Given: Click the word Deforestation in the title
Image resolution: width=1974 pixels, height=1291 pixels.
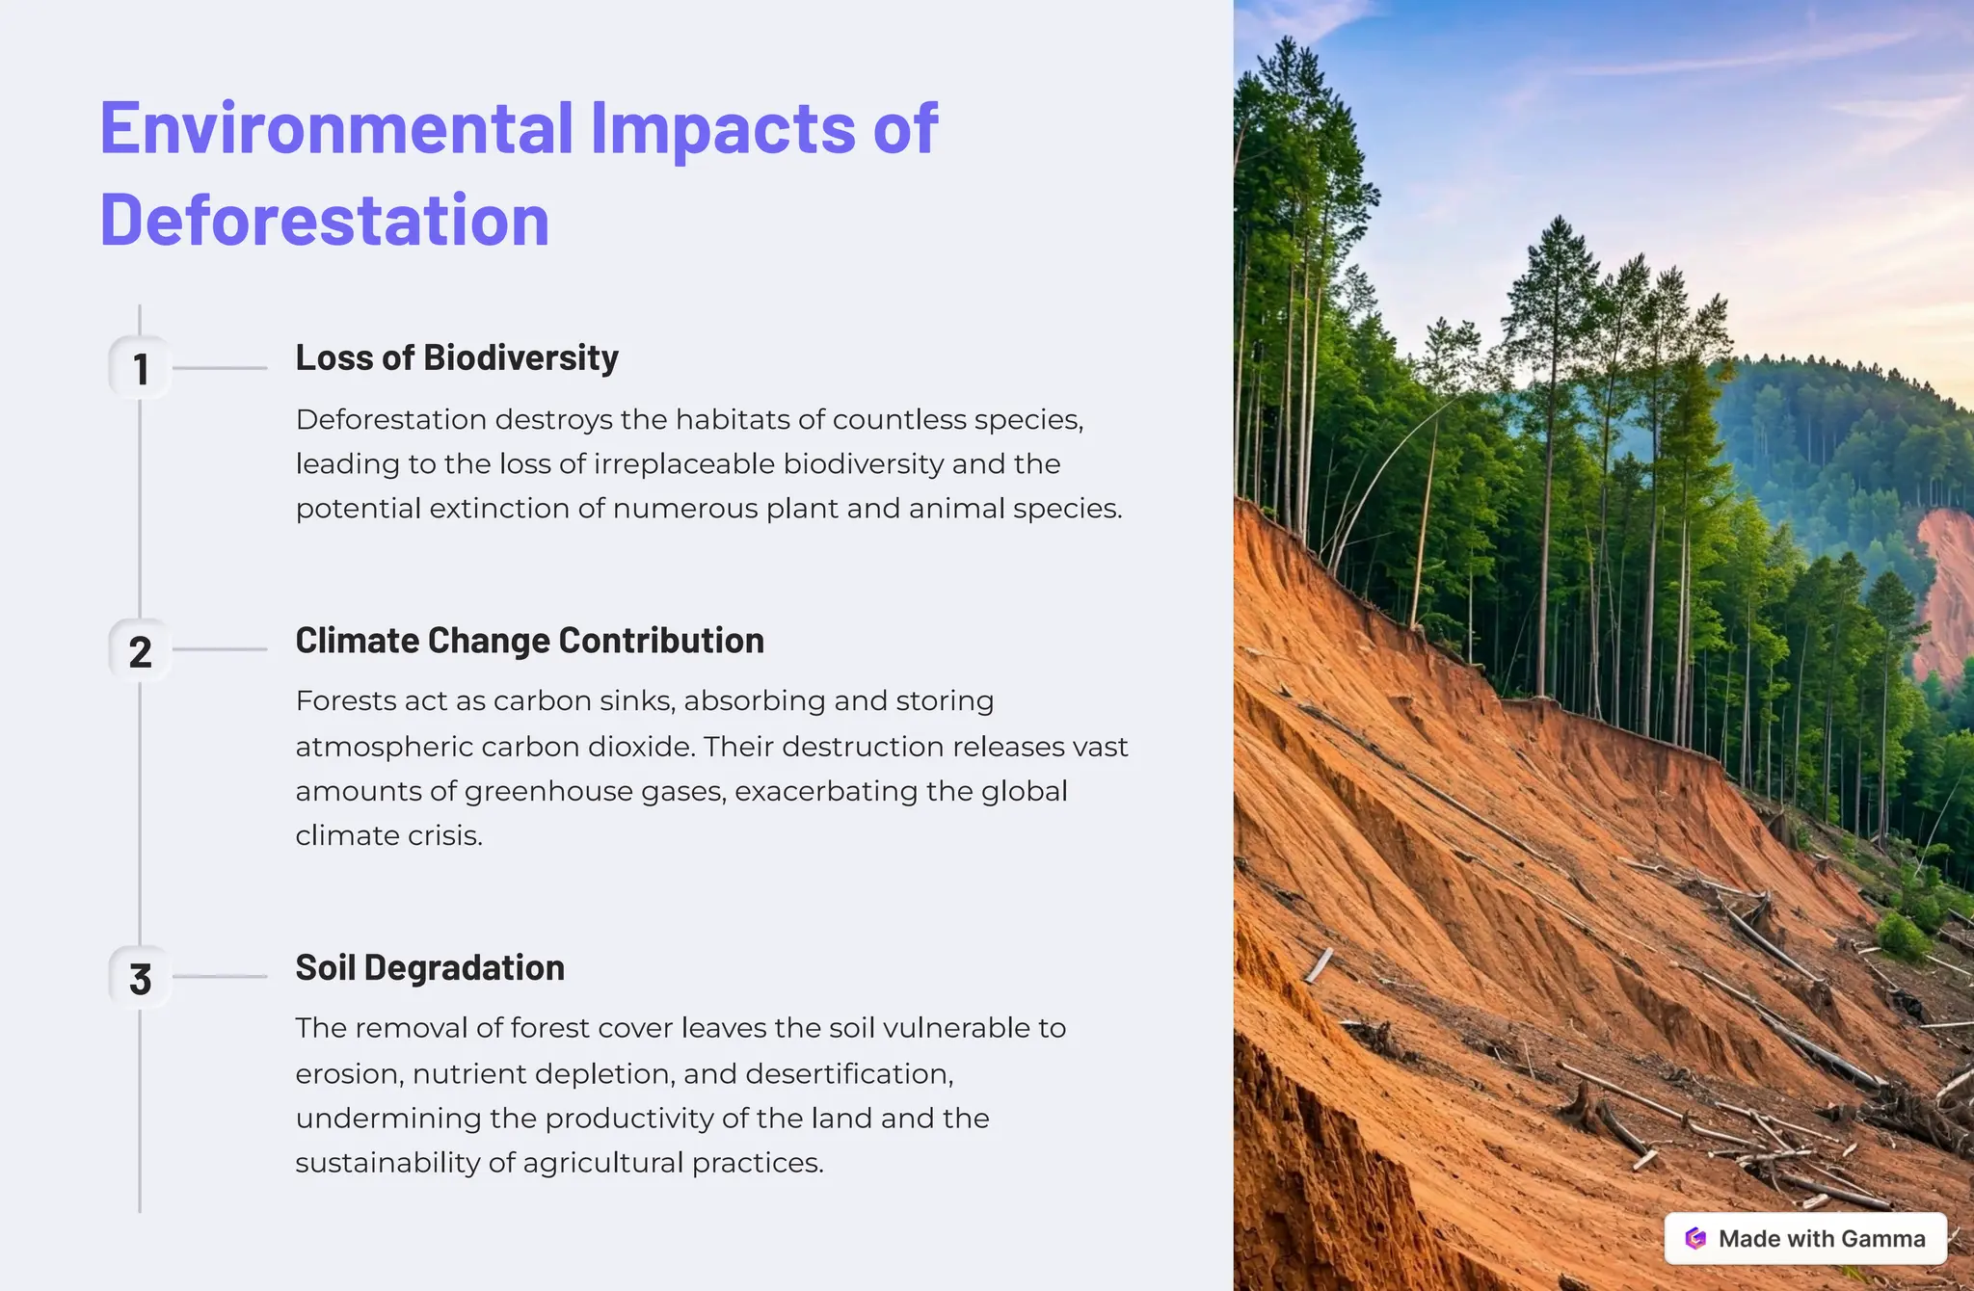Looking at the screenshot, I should tap(325, 221).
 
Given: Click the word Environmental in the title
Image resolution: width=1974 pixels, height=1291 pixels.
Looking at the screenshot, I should tap(337, 128).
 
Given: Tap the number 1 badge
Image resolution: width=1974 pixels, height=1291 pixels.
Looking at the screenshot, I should tap(141, 369).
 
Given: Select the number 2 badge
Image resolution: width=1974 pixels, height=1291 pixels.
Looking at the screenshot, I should tap(141, 652).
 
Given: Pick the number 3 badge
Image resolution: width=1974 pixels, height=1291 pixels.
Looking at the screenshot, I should tap(141, 979).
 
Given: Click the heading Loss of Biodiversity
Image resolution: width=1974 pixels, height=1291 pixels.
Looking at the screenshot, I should tap(457, 358).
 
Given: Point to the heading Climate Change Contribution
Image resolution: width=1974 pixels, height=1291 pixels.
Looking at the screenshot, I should tap(529, 641).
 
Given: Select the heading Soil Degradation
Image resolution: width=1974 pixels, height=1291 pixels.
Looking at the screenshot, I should tap(430, 968).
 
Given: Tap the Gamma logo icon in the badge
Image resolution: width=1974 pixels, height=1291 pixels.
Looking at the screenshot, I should tap(1695, 1239).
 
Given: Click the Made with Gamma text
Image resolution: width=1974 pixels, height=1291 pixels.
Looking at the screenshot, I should tap(1822, 1239).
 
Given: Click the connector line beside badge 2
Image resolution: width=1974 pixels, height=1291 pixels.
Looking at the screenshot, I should tap(220, 649).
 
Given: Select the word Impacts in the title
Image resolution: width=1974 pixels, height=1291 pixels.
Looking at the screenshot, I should tap(723, 128).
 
